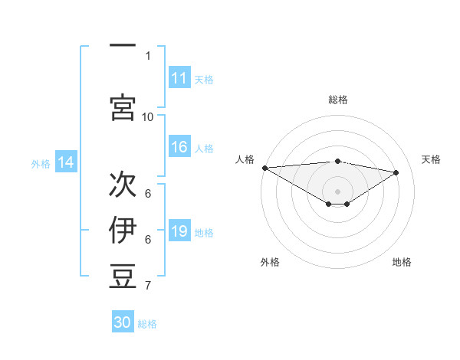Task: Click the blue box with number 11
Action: tap(179, 78)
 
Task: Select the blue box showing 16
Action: tap(179, 148)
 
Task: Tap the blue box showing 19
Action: tap(179, 232)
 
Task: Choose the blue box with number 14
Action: tap(66, 162)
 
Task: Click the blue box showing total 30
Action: tap(123, 322)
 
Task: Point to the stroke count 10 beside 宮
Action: tap(148, 116)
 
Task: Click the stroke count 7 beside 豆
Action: tap(148, 286)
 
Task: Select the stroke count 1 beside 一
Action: tap(148, 56)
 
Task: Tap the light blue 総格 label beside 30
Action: tap(147, 324)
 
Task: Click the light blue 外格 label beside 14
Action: tap(41, 163)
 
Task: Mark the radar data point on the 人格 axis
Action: tap(264, 168)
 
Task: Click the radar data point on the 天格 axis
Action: tap(396, 172)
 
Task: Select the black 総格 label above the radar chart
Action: tap(337, 100)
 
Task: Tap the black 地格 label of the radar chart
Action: tap(402, 262)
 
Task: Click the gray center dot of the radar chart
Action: tap(337, 190)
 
